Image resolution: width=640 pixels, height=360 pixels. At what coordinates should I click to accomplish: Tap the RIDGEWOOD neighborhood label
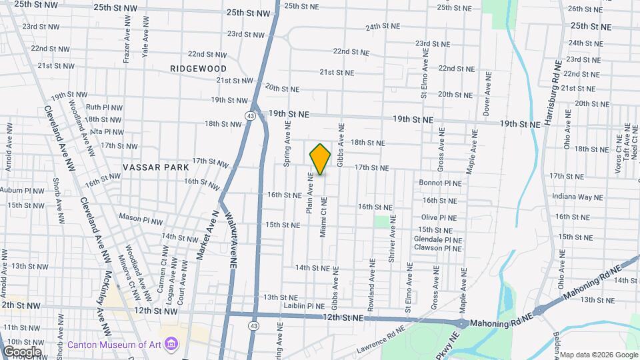coord(198,69)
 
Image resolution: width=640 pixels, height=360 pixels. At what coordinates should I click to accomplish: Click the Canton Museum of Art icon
coord(172,344)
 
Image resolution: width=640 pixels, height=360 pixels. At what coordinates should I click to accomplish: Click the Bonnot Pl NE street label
coord(440,183)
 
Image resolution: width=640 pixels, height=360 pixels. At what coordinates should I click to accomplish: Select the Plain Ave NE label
coord(310,193)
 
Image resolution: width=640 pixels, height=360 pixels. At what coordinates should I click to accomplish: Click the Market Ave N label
coord(207,234)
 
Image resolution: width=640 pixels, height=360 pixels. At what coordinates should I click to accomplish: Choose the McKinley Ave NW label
coord(99,303)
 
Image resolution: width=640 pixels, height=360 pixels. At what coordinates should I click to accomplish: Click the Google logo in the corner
coord(21,351)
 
